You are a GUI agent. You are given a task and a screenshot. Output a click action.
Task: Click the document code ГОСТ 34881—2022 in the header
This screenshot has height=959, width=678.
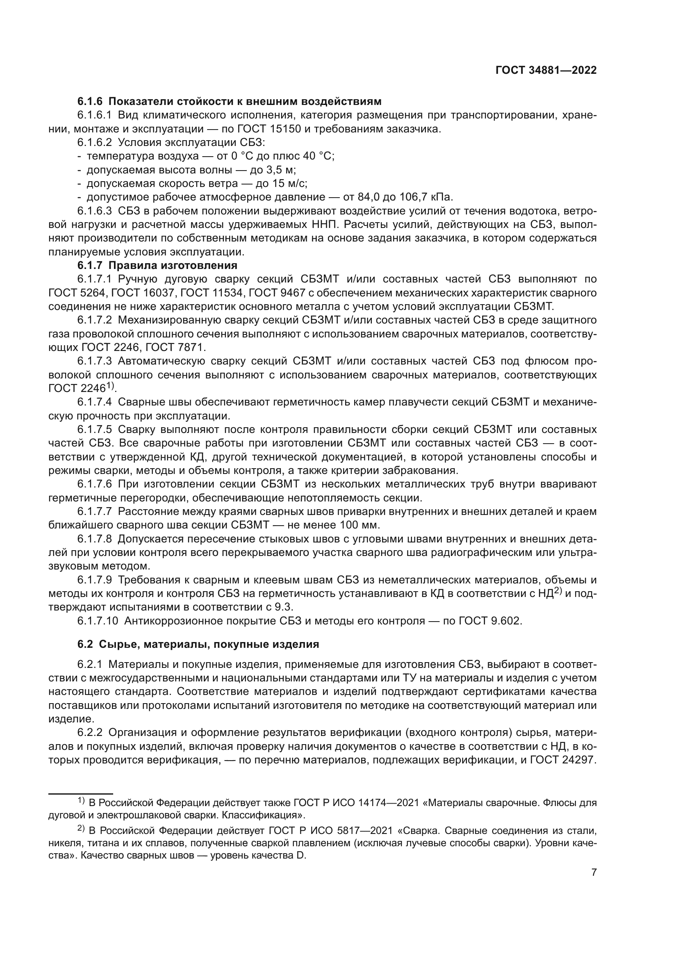pos(546,71)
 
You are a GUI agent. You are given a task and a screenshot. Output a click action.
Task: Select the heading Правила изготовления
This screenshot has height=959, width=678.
pos(173,266)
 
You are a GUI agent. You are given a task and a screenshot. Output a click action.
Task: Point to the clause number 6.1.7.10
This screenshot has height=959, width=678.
pos(98,621)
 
